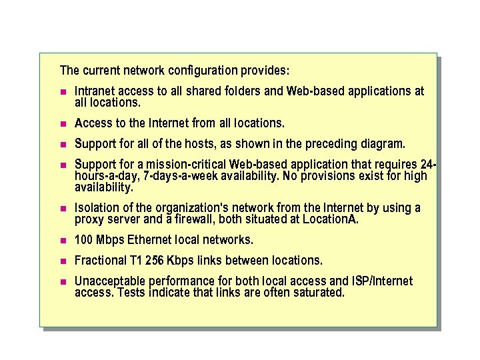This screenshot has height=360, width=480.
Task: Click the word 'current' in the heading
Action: [x=101, y=70]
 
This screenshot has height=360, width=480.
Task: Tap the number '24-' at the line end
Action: [x=428, y=164]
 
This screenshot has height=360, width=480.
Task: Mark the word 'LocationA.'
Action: [x=331, y=219]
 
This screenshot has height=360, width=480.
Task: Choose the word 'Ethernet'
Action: [x=151, y=239]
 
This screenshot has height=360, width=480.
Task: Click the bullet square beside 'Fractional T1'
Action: [x=63, y=260]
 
